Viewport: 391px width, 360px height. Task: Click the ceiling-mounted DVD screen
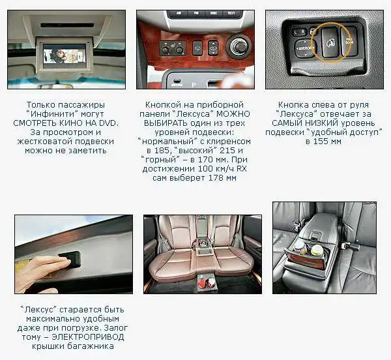[65, 56]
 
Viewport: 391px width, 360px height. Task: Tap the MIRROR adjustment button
[305, 48]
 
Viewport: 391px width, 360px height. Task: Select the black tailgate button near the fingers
[70, 259]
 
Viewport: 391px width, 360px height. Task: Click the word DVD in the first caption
[109, 123]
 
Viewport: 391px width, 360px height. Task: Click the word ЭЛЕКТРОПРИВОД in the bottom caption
[87, 337]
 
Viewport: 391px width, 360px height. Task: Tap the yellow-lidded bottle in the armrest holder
[316, 250]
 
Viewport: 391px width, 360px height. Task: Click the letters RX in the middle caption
[241, 169]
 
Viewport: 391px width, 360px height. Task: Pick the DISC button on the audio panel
[214, 13]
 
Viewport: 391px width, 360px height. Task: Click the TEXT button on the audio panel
[231, 13]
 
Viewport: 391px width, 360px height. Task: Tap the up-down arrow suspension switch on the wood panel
[213, 48]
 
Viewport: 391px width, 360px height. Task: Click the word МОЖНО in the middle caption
[233, 114]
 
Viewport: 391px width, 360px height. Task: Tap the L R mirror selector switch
[298, 32]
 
